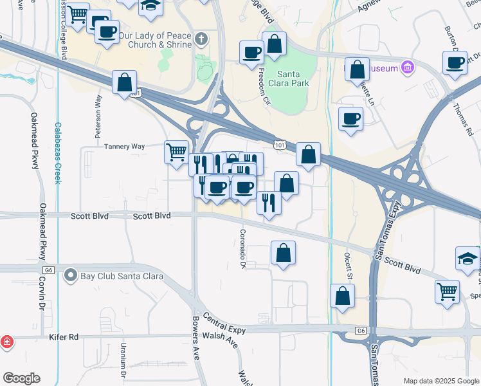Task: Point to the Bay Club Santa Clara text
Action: (122, 277)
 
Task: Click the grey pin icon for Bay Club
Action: (71, 277)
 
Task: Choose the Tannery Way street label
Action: (124, 147)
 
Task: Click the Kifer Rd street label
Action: (63, 336)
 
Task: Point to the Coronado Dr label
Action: (243, 248)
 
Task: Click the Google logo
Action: (21, 378)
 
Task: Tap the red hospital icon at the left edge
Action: (6, 341)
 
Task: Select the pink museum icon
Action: (406, 66)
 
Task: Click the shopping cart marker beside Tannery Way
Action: (177, 153)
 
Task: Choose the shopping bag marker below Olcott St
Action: (343, 296)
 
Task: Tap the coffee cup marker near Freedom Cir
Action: (251, 53)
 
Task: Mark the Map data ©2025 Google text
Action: (441, 381)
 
